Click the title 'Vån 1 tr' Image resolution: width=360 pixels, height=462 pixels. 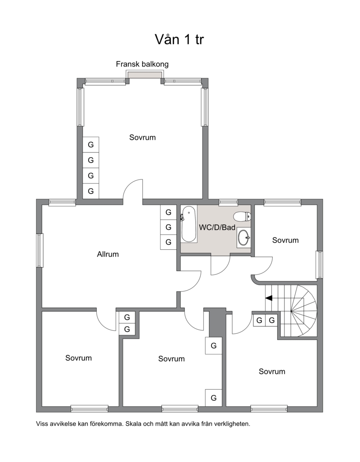(179, 39)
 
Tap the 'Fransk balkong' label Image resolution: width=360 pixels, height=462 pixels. (142, 64)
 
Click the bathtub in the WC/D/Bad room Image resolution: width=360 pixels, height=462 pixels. (189, 224)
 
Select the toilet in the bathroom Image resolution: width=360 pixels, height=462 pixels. (242, 216)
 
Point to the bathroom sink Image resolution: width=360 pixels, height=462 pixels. (243, 237)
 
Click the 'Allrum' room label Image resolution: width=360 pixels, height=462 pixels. (108, 254)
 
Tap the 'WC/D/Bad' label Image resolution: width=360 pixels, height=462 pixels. (217, 227)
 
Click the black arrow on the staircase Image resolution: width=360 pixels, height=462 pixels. (269, 298)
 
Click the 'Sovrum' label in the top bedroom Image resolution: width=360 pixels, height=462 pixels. (142, 137)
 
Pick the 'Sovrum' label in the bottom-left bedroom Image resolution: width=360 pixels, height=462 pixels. (78, 358)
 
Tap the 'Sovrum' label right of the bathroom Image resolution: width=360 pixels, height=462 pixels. (285, 240)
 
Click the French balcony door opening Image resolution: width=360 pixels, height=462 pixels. (144, 75)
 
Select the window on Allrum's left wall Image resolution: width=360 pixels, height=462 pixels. (40, 251)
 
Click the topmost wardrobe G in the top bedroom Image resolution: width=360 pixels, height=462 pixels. (91, 145)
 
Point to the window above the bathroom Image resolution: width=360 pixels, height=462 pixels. (229, 202)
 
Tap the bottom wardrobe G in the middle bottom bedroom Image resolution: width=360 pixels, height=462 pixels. (214, 398)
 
